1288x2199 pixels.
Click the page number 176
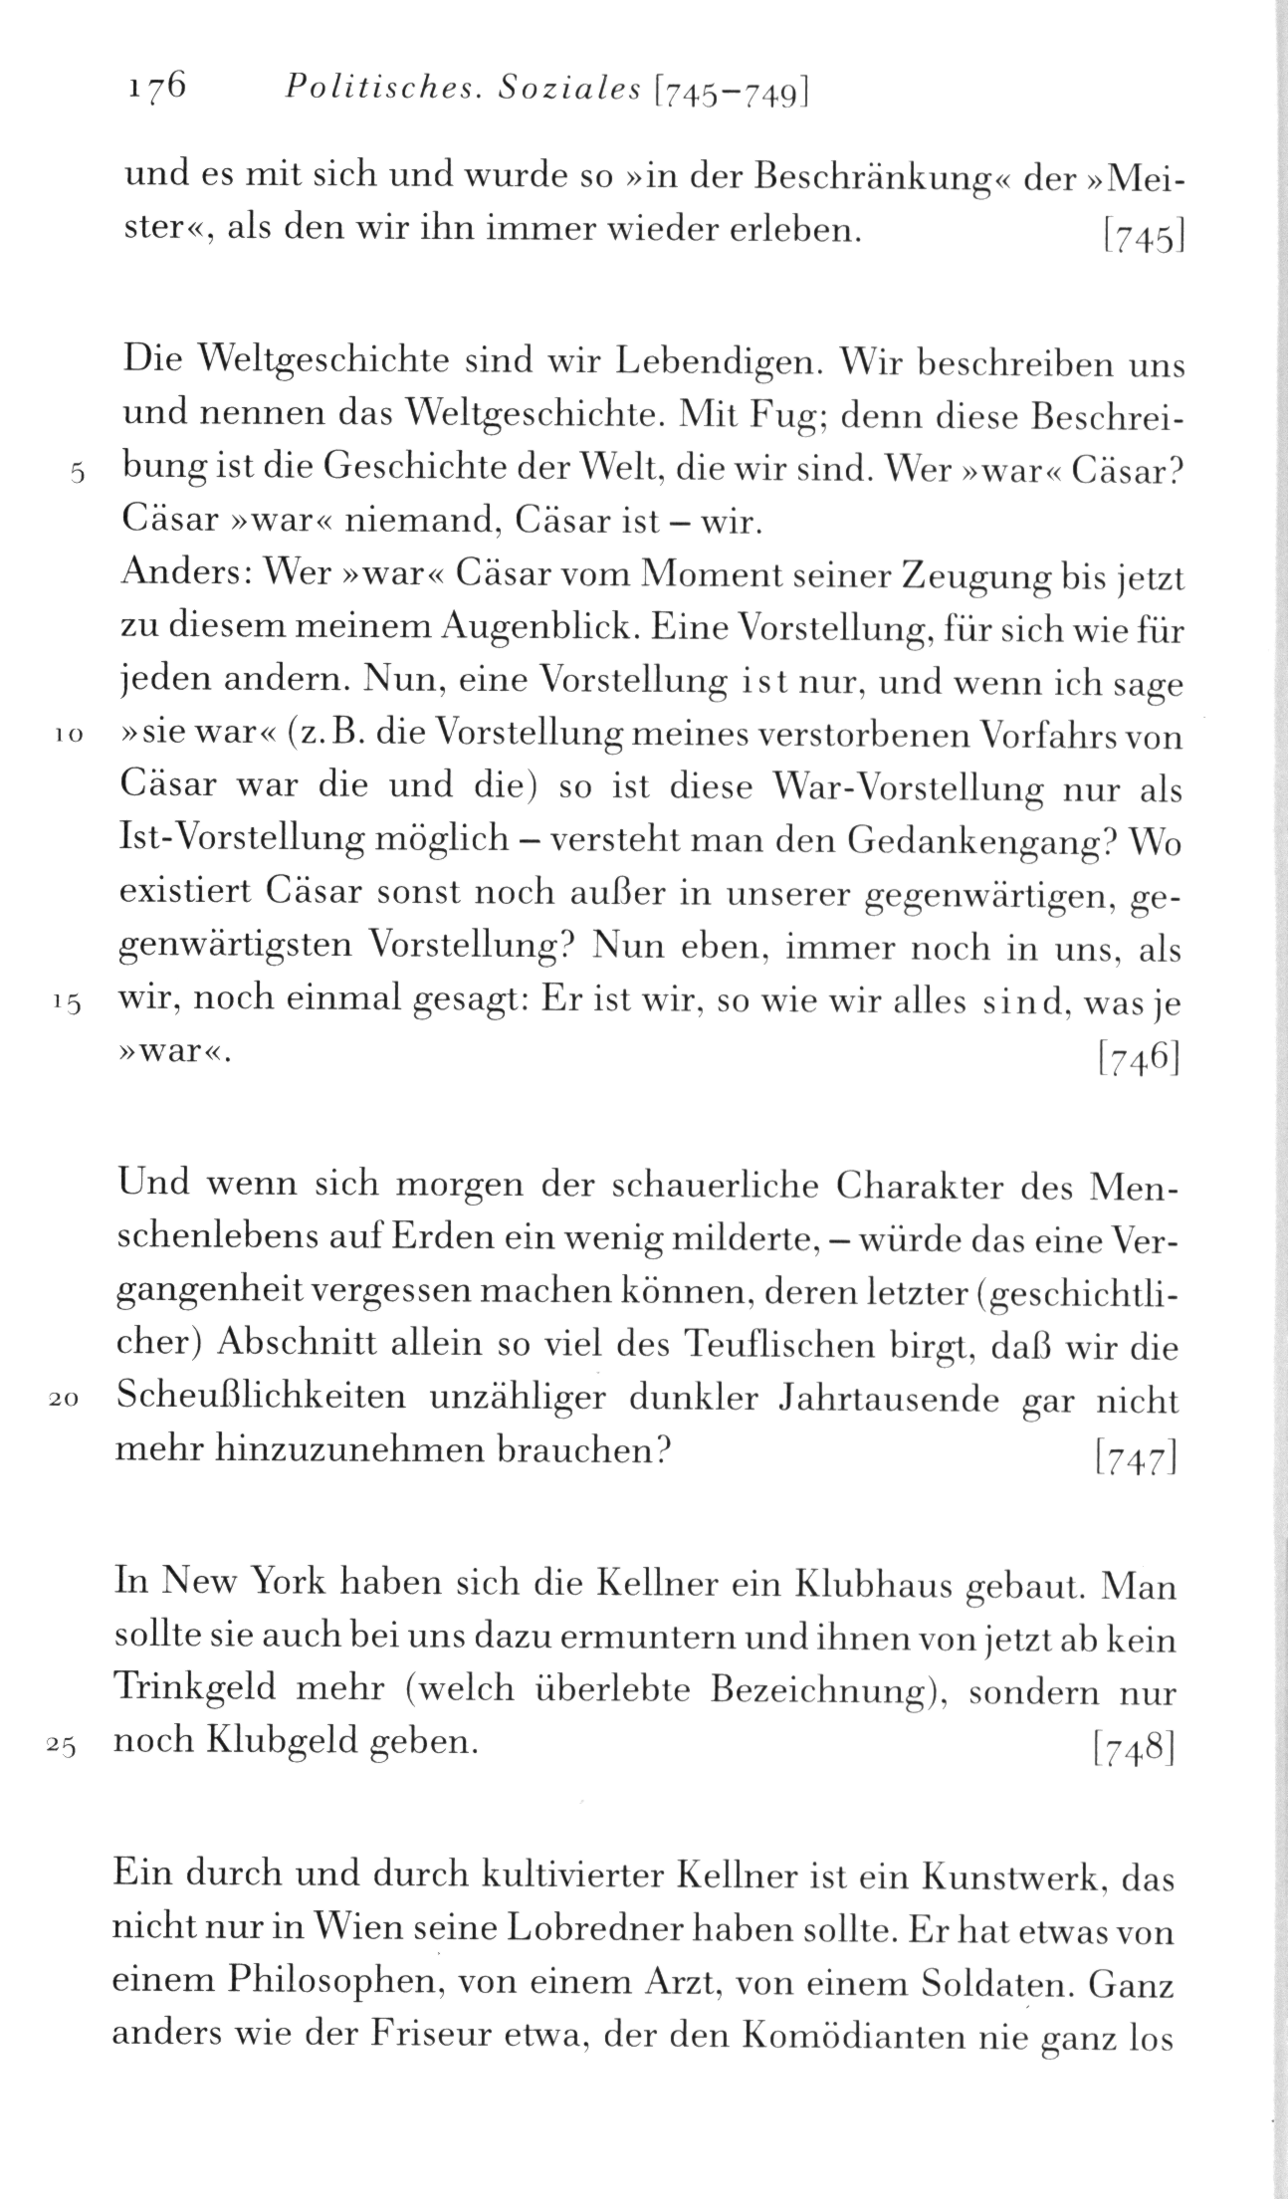(157, 88)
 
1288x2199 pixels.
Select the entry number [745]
(1141, 238)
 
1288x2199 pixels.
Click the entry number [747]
(1136, 1458)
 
